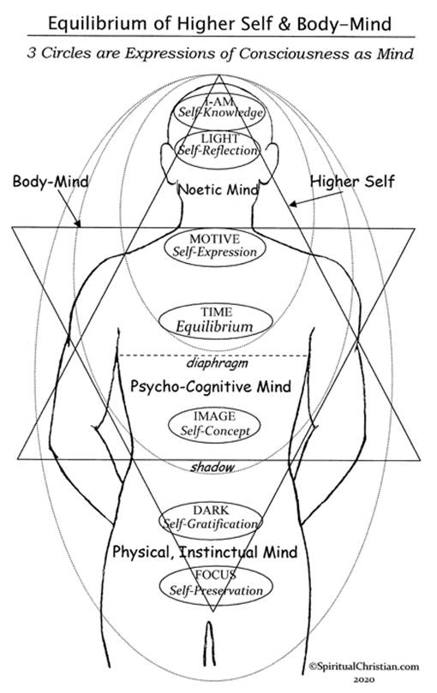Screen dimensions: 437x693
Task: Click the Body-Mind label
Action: (x=51, y=181)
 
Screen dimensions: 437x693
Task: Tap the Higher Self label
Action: (x=352, y=182)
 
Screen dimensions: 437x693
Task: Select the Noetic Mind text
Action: (x=218, y=189)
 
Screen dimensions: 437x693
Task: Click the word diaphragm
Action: (x=217, y=363)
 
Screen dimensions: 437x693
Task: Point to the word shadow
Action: (x=213, y=467)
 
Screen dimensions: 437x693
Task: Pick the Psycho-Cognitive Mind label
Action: (x=211, y=386)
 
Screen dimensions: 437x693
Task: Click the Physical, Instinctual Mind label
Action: (x=205, y=552)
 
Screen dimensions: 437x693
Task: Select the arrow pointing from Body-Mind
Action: (x=69, y=208)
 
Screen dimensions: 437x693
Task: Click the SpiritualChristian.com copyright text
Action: (x=363, y=666)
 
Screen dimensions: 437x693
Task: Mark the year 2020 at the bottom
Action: (x=364, y=679)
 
